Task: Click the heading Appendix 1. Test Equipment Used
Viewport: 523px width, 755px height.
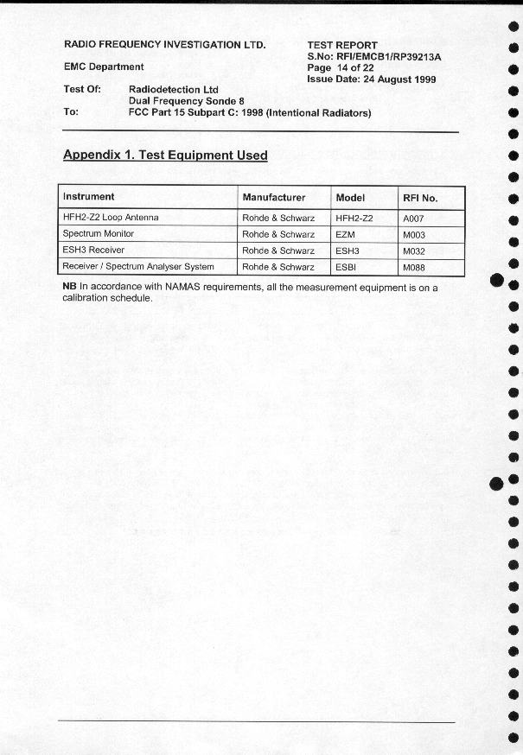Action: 165,155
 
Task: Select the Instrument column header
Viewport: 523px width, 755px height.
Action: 89,197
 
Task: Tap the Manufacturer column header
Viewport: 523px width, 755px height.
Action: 273,198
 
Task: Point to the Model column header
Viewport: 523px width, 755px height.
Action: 350,198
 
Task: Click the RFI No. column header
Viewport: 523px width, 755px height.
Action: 420,198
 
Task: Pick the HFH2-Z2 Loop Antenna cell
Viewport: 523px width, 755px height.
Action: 111,218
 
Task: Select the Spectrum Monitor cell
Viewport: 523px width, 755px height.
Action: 99,234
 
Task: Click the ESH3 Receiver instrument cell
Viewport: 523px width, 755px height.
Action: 93,251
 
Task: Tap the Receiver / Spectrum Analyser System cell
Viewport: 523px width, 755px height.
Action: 138,267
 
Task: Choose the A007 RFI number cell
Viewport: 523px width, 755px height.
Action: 414,219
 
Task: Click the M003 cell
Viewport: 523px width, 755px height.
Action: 414,235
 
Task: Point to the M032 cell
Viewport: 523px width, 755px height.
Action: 414,251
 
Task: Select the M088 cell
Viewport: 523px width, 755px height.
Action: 414,268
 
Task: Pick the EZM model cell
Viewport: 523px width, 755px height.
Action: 346,235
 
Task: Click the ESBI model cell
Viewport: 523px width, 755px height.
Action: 346,268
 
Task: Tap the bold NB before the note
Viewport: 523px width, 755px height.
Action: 69,287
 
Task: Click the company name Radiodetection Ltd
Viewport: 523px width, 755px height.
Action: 173,89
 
